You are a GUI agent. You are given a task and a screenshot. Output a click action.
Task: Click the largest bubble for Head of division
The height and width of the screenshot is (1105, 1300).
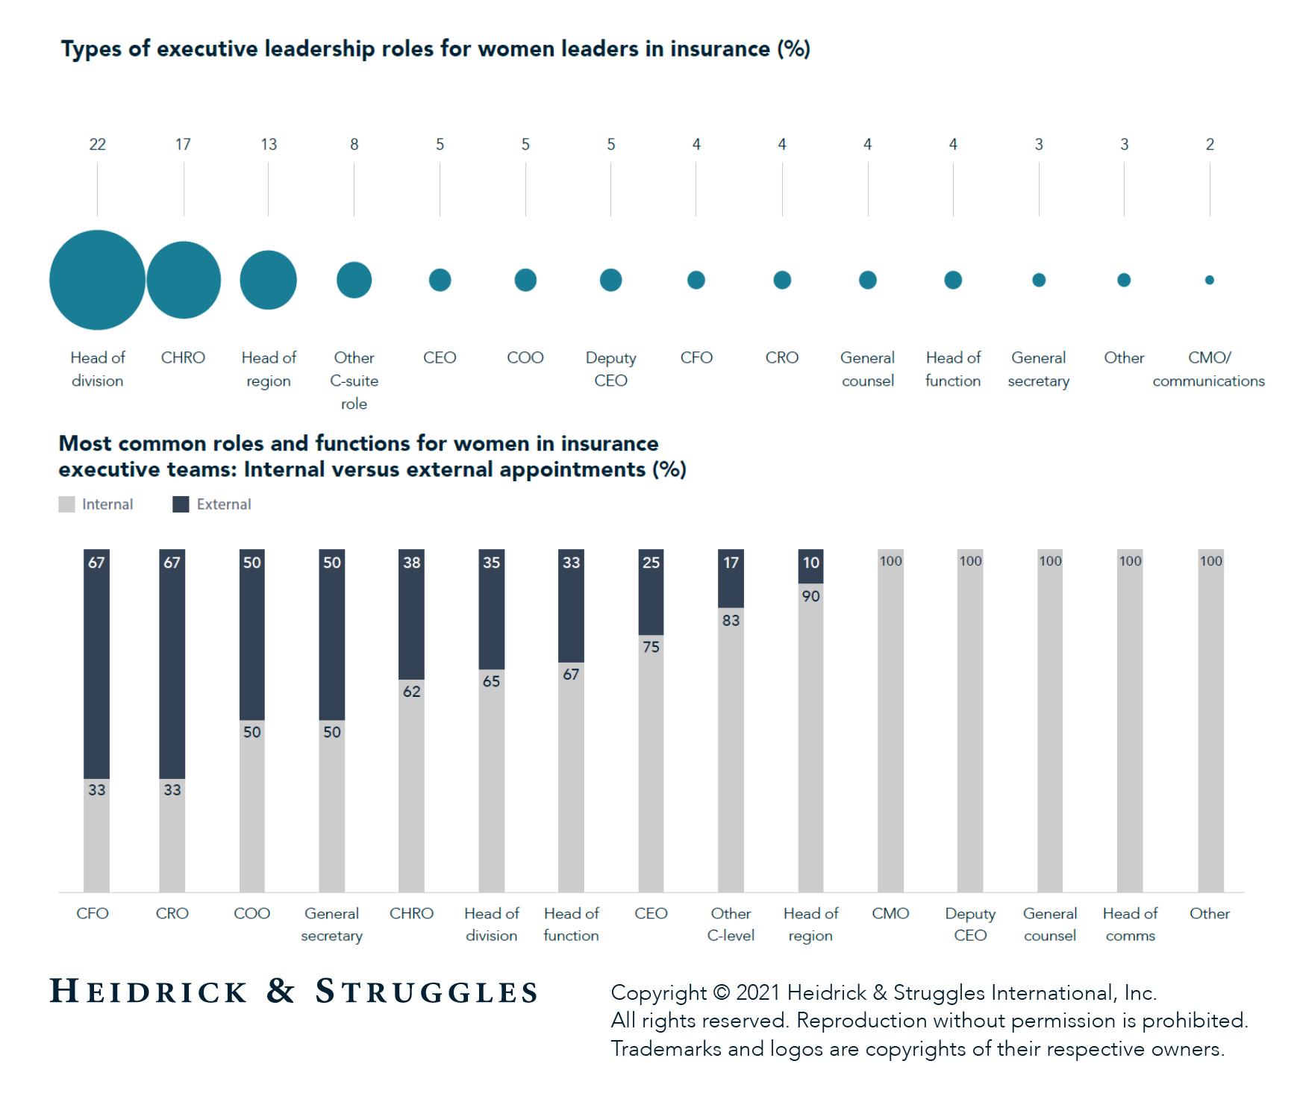pos(97,280)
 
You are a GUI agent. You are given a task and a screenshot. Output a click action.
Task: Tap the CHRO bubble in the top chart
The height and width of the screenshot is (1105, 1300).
pos(184,280)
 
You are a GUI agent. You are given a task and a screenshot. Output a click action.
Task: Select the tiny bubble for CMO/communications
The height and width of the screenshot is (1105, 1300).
pos(1209,280)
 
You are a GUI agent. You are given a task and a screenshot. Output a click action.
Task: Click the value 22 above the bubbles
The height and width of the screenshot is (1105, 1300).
pos(97,144)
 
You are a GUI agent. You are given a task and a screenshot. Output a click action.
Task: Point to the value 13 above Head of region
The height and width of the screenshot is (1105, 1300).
pos(269,144)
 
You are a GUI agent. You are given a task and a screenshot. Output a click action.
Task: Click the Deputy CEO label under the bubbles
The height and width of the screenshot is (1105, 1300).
pos(610,369)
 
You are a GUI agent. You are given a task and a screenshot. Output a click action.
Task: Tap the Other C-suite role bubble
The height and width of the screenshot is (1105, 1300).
pos(354,280)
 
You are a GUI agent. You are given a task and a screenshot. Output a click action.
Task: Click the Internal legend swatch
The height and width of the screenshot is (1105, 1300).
pos(66,504)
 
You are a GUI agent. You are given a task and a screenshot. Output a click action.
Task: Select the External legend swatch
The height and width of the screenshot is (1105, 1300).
pos(181,504)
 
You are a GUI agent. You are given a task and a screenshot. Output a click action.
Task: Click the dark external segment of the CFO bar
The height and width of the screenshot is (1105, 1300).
pos(96,672)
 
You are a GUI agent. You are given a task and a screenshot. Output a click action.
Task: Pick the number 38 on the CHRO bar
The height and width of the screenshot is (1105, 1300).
pos(411,563)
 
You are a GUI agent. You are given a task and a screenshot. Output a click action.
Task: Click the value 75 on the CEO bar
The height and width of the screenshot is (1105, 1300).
pos(651,647)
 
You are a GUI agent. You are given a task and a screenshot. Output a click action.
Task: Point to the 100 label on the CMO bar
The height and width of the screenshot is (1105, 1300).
pos(890,561)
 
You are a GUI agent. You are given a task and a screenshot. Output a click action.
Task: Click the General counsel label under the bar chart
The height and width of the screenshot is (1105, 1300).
pos(1049,924)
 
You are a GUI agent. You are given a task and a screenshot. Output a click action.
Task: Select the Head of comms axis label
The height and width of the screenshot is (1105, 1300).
pos(1130,924)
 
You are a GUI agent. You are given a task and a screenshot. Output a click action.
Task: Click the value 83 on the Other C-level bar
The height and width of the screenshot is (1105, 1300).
pos(731,620)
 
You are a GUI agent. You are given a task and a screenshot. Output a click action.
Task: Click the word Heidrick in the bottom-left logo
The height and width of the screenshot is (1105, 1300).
pos(148,992)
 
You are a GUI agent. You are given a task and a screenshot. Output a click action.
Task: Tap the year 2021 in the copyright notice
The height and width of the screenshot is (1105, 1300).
pos(757,993)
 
